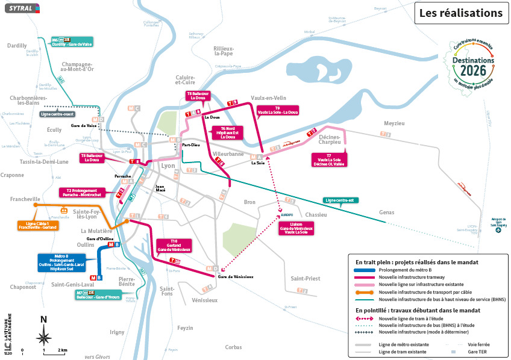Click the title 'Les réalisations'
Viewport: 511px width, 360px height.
pos(460,13)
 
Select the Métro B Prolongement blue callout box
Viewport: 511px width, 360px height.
pos(60,262)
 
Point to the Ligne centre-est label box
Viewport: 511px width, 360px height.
pos(340,200)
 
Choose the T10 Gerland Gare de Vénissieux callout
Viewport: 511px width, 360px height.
pos(174,246)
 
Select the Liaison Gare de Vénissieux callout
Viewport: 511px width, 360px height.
pos(296,228)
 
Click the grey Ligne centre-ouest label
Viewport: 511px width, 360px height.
pos(58,113)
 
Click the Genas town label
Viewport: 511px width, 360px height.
pos(387,212)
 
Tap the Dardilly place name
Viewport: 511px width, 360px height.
pos(17,45)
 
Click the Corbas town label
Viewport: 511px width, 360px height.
pos(233,347)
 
